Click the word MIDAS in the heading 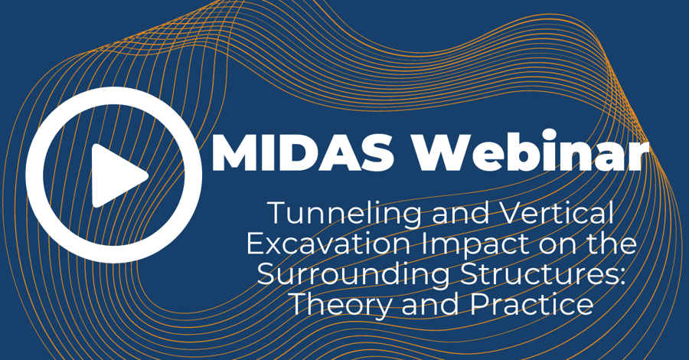[x=302, y=152]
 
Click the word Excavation [x=329, y=243]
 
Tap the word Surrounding [x=354, y=275]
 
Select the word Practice [x=532, y=304]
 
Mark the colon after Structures [x=622, y=277]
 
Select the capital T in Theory [x=300, y=304]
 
